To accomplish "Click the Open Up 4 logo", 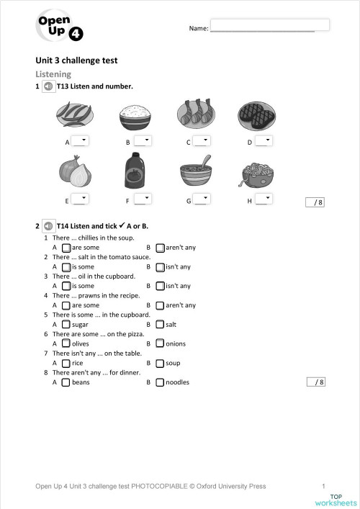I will [60, 28].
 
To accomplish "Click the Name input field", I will [269, 25].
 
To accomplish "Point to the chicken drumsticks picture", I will [196, 114].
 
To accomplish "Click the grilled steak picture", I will [257, 114].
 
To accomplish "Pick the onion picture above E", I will [75, 172].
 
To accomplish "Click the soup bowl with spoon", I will [196, 173].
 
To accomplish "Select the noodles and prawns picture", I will [256, 174].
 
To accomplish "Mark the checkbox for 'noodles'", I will [160, 382].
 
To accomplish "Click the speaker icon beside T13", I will [48, 86].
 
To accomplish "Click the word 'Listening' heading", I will [53, 74].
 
